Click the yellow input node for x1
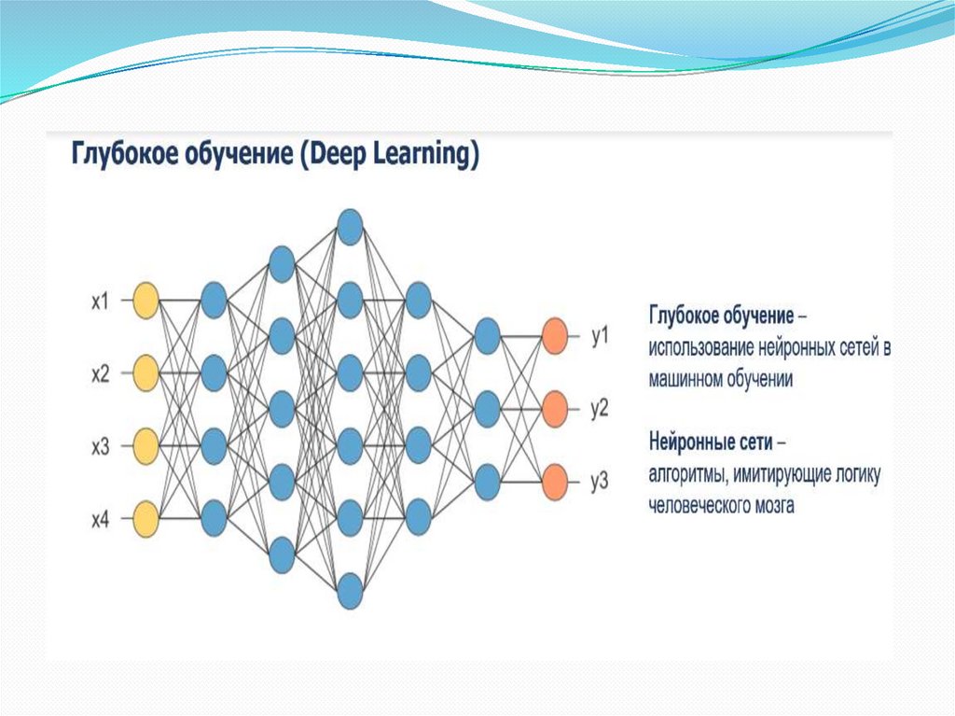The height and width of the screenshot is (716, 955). click(145, 301)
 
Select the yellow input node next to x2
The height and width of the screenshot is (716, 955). click(145, 373)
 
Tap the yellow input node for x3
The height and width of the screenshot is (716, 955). click(145, 446)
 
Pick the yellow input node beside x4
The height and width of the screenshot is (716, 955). click(145, 519)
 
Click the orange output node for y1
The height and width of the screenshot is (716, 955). click(555, 334)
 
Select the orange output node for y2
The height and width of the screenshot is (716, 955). click(555, 408)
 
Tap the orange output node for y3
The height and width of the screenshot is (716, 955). click(555, 481)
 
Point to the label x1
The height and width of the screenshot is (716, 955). click(101, 302)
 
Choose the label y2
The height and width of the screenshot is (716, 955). click(600, 408)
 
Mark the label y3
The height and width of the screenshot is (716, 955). click(600, 482)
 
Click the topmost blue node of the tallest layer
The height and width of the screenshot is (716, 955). click(350, 227)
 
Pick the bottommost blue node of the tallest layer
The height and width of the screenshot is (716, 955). click(350, 590)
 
